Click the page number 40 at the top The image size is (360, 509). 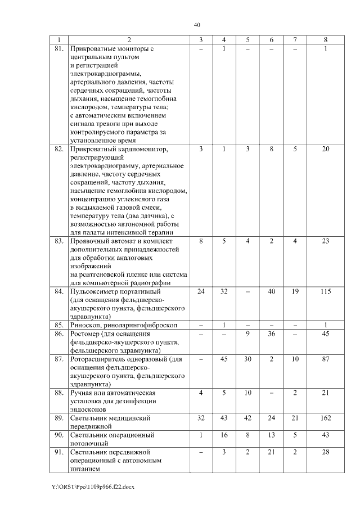click(x=197, y=24)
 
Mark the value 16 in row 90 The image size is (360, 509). click(x=224, y=435)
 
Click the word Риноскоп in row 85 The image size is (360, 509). click(x=85, y=325)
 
